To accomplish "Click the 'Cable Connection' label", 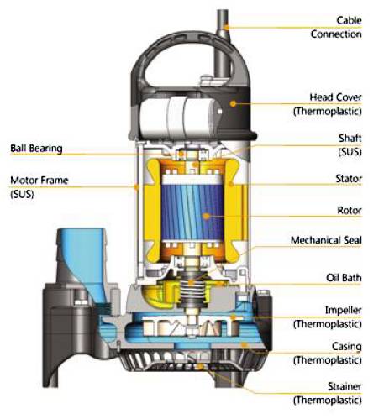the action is pos(336,27).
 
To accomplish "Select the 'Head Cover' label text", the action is pos(335,97).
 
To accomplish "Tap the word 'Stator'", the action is pos(349,179).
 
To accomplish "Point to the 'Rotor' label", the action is pos(350,210).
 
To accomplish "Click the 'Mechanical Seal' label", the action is pos(326,240).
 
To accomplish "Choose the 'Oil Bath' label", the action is pos(344,278).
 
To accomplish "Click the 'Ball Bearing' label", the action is pos(36,149).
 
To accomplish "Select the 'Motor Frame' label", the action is pos(39,180).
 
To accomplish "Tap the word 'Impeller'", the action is pos(344,310).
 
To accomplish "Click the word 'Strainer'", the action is pos(345,386).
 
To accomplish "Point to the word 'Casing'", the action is pos(347,347).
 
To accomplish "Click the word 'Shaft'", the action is pos(350,138).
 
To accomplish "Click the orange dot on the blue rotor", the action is pos(207,216).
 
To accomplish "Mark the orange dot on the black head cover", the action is pos(233,103).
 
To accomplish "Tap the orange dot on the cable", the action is pos(227,27).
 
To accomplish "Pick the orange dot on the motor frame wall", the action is pos(137,186).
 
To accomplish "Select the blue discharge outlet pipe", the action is pos(82,263).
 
